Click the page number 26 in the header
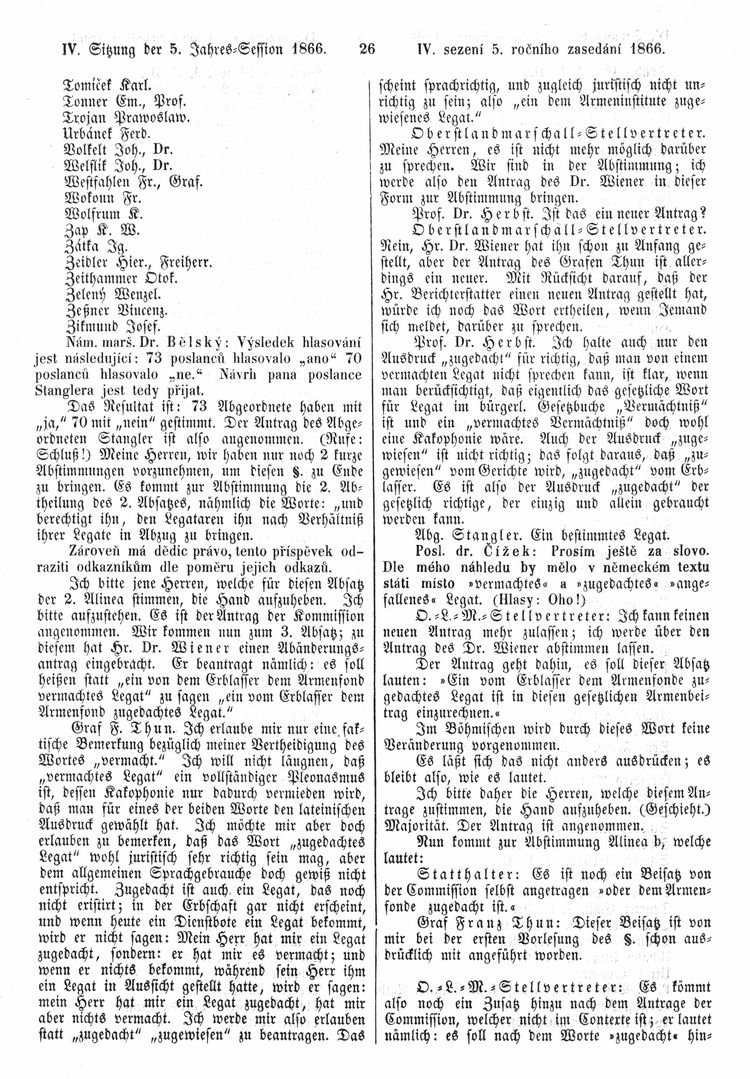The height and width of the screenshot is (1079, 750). (x=365, y=46)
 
